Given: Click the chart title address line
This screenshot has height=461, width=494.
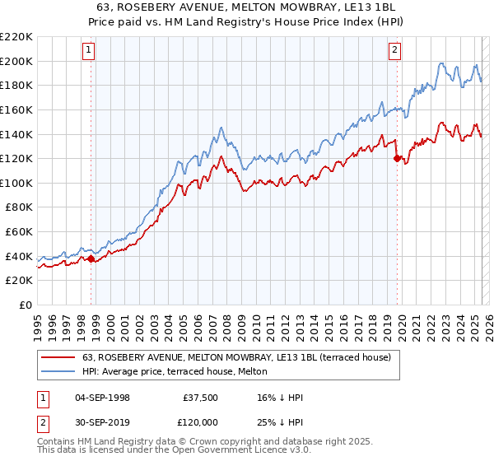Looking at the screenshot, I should click(x=247, y=7).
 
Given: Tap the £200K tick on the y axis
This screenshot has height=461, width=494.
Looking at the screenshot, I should click(x=16, y=61).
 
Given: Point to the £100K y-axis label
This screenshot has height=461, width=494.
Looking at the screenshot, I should click(x=16, y=183).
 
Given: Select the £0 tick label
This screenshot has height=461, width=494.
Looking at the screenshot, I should click(x=26, y=305).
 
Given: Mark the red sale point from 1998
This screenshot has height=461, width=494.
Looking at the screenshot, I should click(x=91, y=259).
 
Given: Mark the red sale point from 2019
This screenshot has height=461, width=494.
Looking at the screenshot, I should click(x=397, y=158).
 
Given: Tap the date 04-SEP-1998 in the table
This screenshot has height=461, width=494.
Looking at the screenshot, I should click(x=102, y=398).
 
